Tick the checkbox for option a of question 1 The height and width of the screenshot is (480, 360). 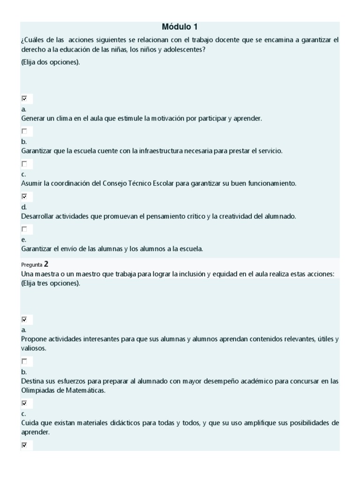tap(24, 99)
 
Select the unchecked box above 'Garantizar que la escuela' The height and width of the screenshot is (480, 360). tap(24, 132)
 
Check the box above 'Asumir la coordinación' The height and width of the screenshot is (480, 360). tap(24, 164)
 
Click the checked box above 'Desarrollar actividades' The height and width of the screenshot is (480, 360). tap(24, 197)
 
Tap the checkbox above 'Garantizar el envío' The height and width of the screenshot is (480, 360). tap(24, 229)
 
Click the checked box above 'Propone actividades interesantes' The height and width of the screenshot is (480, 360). tap(24, 320)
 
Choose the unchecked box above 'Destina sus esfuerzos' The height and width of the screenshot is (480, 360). tap(24, 361)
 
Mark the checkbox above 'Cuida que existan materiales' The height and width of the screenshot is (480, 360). tap(24, 403)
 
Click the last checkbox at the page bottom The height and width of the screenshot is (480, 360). tap(24, 445)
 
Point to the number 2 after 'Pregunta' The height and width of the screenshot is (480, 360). tap(46, 264)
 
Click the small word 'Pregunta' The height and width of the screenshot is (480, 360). tap(31, 265)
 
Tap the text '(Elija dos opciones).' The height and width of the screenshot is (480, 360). tap(51, 62)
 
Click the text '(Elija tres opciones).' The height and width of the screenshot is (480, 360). tap(51, 283)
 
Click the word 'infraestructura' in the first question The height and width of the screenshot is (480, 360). tap(154, 151)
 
